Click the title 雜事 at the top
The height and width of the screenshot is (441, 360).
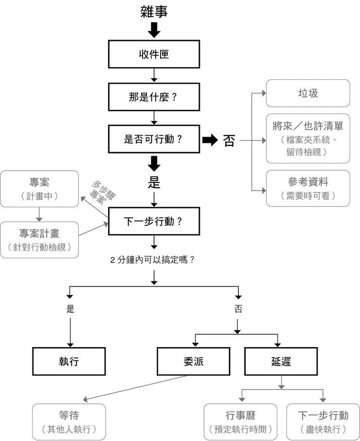pyautogui.click(x=154, y=12)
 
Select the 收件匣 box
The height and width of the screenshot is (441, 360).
pyautogui.click(x=154, y=54)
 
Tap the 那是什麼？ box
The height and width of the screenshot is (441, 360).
pyautogui.click(x=154, y=97)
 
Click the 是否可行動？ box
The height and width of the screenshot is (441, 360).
pyautogui.click(x=154, y=140)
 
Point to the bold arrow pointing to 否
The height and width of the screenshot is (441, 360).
pyautogui.click(x=210, y=140)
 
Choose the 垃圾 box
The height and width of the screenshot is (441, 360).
pyautogui.click(x=307, y=93)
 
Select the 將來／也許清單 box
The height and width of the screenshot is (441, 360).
pyautogui.click(x=307, y=139)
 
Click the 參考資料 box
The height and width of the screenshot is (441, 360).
pyautogui.click(x=307, y=188)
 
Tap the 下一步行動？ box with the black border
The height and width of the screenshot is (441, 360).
pyautogui.click(x=154, y=221)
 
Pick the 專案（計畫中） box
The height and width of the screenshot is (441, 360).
pyautogui.click(x=39, y=189)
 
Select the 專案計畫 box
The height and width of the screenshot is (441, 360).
pyautogui.click(x=39, y=240)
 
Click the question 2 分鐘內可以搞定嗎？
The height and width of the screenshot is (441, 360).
pyautogui.click(x=154, y=260)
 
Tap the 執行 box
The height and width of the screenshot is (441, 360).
pyautogui.click(x=69, y=361)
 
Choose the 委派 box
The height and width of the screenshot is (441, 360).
pyautogui.click(x=193, y=361)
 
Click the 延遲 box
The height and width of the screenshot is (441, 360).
pyautogui.click(x=281, y=361)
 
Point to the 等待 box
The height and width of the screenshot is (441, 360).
pyautogui.click(x=69, y=422)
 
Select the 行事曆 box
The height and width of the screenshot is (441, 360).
pyautogui.click(x=240, y=422)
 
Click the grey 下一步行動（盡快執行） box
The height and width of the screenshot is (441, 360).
pyautogui.click(x=323, y=422)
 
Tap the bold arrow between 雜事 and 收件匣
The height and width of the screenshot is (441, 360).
pyautogui.click(x=154, y=30)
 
